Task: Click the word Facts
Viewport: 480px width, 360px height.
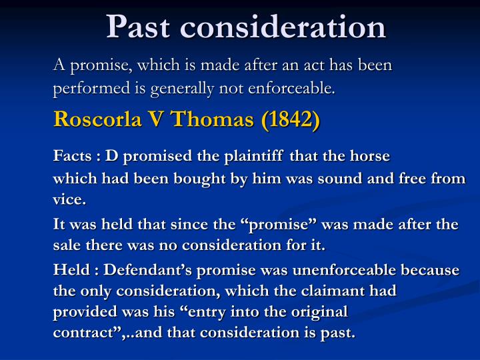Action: [x=72, y=157]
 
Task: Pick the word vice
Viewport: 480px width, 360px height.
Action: [x=69, y=199]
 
